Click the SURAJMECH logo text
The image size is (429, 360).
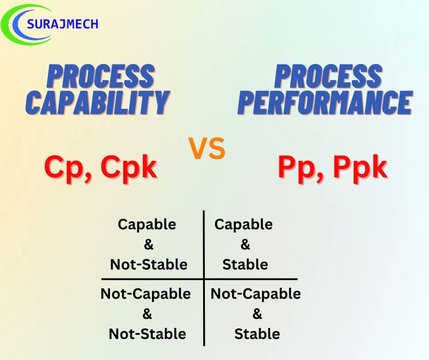coord(63,23)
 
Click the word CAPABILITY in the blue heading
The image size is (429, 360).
coord(98,103)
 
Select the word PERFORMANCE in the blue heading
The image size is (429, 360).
coord(325,103)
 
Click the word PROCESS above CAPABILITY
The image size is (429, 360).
coord(101,77)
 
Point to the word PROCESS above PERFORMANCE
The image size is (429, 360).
coord(328,77)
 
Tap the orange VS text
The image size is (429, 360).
coord(207,149)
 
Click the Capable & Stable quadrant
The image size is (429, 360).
coord(245,244)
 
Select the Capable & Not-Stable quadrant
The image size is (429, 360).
coord(148,244)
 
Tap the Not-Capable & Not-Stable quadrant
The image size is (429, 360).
coord(146,313)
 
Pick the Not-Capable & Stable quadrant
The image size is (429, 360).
coord(256,313)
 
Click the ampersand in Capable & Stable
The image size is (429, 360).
coord(245,245)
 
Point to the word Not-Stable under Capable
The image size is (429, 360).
coord(148,265)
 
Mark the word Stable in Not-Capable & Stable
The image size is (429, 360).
coord(257,334)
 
